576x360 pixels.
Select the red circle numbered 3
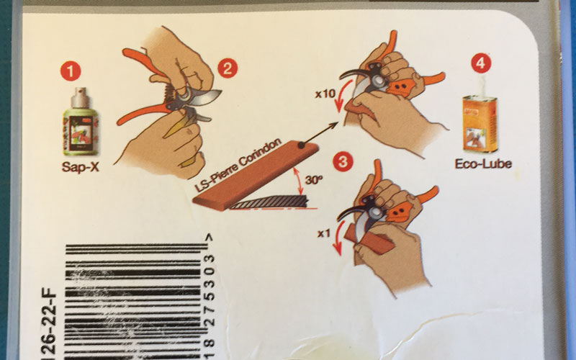pyautogui.click(x=345, y=162)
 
